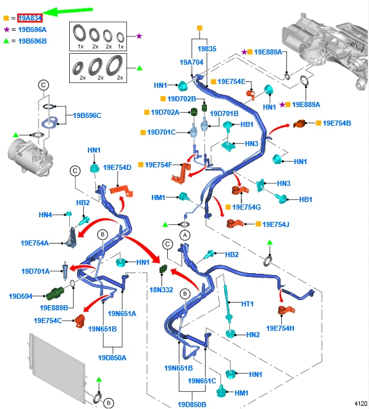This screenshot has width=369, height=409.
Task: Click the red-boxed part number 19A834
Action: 30,18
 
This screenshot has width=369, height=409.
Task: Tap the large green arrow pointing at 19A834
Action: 67,12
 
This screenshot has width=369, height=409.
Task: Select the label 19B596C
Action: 87,115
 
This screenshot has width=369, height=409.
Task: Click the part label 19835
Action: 207,49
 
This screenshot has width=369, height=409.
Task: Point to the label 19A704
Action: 192,62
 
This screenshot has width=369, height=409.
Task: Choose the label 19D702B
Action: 182,99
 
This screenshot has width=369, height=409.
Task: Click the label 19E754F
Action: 159,165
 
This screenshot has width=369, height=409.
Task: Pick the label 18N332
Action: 161,290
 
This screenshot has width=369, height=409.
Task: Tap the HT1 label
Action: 247,304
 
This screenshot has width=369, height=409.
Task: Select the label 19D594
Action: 20,296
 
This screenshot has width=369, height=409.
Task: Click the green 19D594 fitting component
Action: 55,293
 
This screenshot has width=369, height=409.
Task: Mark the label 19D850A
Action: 112,358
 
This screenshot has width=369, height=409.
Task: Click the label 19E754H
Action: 280,328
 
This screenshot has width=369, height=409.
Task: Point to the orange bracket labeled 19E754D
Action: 122,190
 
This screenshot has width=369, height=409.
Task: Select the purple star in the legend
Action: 6,29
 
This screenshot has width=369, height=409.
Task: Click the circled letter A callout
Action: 184,235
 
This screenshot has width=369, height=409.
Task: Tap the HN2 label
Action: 253,335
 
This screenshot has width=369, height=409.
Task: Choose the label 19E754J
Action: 275,224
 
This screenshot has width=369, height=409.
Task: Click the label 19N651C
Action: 202,381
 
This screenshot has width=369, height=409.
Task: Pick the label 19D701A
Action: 35,271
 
